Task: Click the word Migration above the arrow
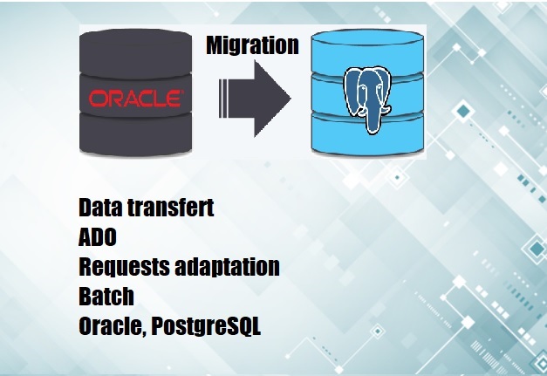(253, 45)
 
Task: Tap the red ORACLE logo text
(136, 99)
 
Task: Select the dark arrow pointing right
(255, 99)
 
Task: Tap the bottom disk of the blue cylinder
(367, 134)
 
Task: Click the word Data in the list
(100, 207)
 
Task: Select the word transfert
(170, 207)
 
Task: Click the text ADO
(98, 237)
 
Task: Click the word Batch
(106, 297)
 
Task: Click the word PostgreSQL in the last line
(206, 327)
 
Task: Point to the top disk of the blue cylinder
(367, 52)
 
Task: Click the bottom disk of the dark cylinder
(136, 133)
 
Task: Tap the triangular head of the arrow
(272, 99)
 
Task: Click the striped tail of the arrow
(223, 99)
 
